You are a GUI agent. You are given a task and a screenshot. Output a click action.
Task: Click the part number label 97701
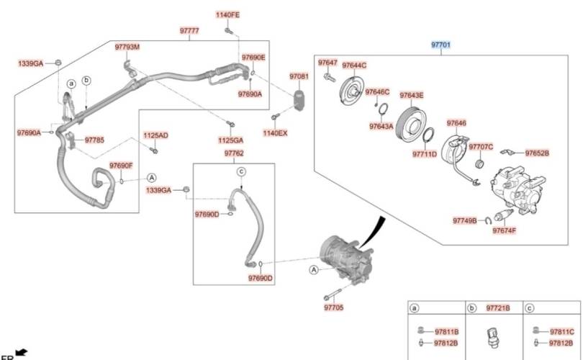[440, 45]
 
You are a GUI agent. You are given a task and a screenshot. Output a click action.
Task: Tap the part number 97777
[189, 31]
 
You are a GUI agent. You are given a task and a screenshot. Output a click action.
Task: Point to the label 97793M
[127, 47]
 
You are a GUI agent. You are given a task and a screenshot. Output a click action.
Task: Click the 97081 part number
[299, 76]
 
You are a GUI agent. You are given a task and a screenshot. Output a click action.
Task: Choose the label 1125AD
[155, 135]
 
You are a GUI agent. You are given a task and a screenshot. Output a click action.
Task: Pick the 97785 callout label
[94, 140]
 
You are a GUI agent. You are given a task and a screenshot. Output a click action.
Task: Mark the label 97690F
[121, 166]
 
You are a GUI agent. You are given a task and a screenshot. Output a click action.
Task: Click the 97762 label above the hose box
[233, 153]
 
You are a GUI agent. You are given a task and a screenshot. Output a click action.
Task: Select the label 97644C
[354, 65]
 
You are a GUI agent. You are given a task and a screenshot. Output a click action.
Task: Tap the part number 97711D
[425, 154]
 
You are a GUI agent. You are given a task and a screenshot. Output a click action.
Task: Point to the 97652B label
[537, 153]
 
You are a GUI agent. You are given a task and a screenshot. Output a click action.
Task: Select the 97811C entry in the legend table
[561, 331]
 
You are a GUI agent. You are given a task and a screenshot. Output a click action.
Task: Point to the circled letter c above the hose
[242, 171]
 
